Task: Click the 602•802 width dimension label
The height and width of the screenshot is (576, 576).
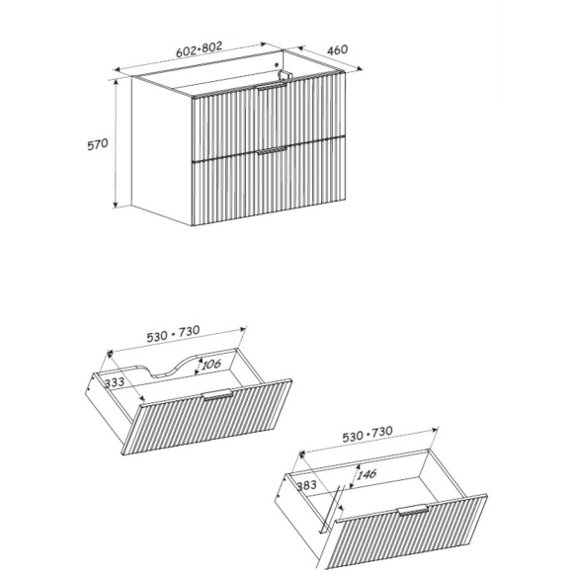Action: click(200, 49)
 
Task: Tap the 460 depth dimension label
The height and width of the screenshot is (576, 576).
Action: click(337, 49)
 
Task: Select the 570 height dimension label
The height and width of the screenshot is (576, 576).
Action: click(98, 144)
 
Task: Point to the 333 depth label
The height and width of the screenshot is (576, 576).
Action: click(115, 382)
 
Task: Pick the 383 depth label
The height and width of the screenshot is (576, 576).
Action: click(306, 486)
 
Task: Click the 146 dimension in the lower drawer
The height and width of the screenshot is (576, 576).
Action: click(367, 474)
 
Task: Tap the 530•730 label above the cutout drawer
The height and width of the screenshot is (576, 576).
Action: click(173, 334)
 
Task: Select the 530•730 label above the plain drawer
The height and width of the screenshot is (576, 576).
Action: click(368, 434)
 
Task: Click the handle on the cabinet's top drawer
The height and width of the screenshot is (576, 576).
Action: click(272, 87)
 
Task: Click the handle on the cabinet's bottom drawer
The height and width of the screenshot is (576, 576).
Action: click(272, 150)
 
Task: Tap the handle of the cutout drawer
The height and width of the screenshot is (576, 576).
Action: click(217, 394)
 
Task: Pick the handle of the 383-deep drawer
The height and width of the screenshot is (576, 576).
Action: click(413, 510)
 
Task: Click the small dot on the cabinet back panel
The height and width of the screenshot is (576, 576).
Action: click(277, 65)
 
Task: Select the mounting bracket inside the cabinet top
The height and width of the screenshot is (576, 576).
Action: click(284, 75)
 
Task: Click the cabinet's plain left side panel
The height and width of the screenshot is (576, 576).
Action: click(162, 151)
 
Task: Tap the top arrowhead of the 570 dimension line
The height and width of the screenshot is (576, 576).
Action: click(116, 83)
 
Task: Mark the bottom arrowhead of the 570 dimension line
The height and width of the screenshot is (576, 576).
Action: click(116, 205)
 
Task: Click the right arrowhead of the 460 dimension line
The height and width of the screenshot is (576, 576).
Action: click(360, 67)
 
